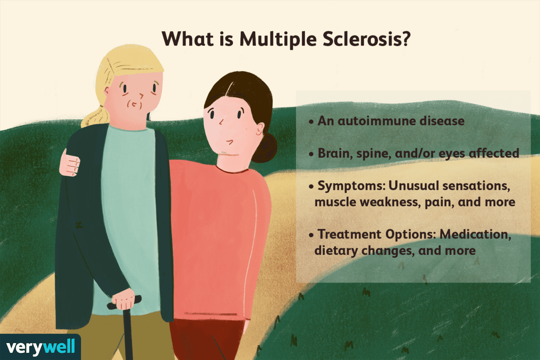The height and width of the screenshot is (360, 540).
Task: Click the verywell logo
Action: pyautogui.click(x=40, y=347)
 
